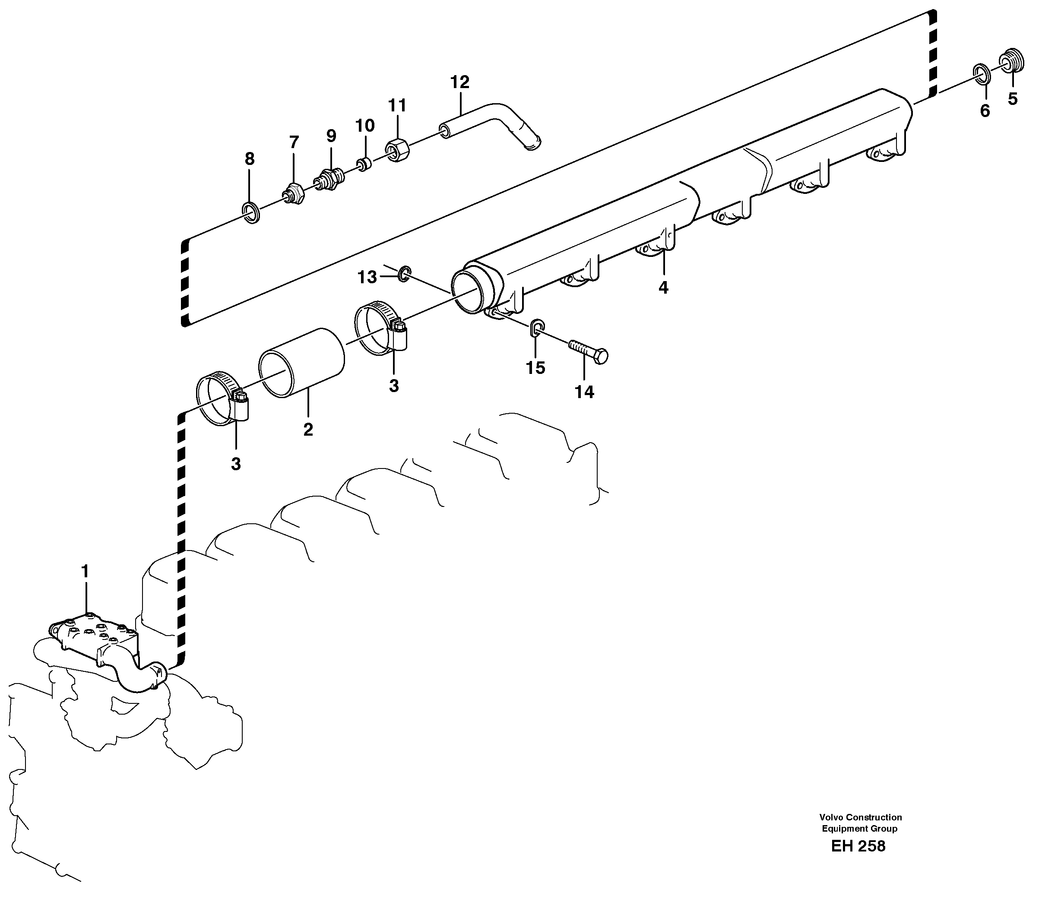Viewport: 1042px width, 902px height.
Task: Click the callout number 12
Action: [x=459, y=82]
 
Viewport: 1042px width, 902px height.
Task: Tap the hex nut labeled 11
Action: [x=398, y=149]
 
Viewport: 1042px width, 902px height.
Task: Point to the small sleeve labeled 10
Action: [x=364, y=164]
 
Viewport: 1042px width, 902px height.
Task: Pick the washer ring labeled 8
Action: [x=251, y=212]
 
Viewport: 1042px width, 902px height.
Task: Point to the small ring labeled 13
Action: [x=404, y=274]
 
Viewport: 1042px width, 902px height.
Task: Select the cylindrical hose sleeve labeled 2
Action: [x=302, y=362]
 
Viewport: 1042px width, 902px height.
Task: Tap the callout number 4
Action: [x=663, y=288]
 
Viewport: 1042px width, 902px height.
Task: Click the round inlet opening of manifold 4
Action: [x=468, y=291]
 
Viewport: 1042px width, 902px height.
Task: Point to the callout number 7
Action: [x=294, y=142]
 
